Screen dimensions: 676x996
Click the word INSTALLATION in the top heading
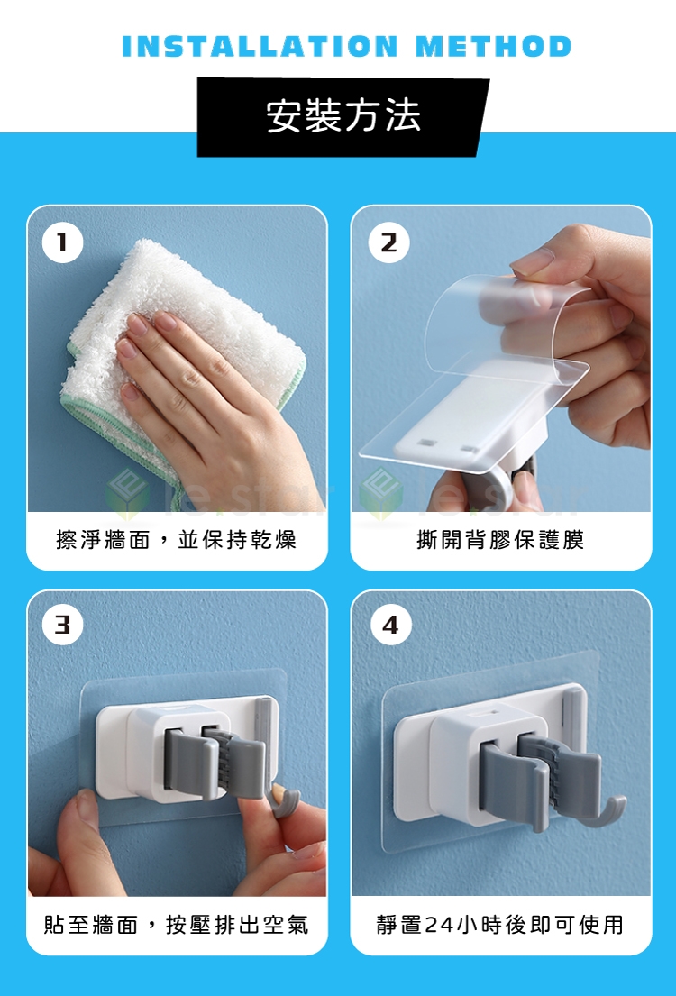point(260,46)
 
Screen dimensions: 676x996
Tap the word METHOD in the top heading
point(494,46)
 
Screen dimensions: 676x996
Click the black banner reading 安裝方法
point(343,117)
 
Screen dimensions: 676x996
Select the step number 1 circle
point(62,242)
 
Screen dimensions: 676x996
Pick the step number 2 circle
point(388,242)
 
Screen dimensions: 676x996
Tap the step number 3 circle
point(62,625)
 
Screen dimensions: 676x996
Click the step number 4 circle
point(391,625)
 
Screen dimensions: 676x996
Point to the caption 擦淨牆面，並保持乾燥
point(176,540)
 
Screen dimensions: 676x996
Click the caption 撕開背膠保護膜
point(500,540)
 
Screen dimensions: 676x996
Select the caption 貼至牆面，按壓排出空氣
point(176,924)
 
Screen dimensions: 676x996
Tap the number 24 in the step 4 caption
point(439,925)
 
